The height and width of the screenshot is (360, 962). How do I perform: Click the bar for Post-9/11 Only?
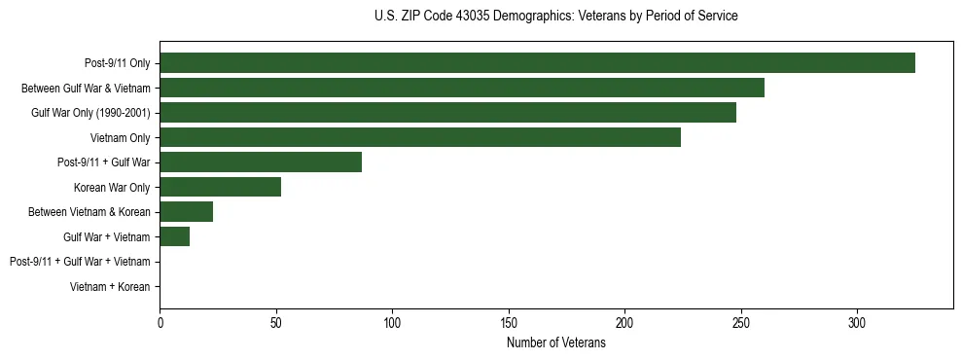point(537,63)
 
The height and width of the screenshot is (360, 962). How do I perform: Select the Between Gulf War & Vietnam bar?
point(462,88)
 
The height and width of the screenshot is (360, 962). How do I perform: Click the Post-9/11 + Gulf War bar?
point(261,162)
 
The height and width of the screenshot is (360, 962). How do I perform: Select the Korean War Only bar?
point(221,187)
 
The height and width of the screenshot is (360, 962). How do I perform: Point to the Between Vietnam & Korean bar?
point(187,212)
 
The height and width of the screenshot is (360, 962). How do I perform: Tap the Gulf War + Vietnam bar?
point(175,236)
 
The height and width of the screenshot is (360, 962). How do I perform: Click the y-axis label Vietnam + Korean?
point(110,287)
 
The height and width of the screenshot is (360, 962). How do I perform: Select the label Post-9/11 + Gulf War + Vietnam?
point(80,262)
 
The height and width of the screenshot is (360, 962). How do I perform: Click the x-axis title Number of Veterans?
point(556,342)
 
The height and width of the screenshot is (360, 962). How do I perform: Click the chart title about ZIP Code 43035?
point(556,17)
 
